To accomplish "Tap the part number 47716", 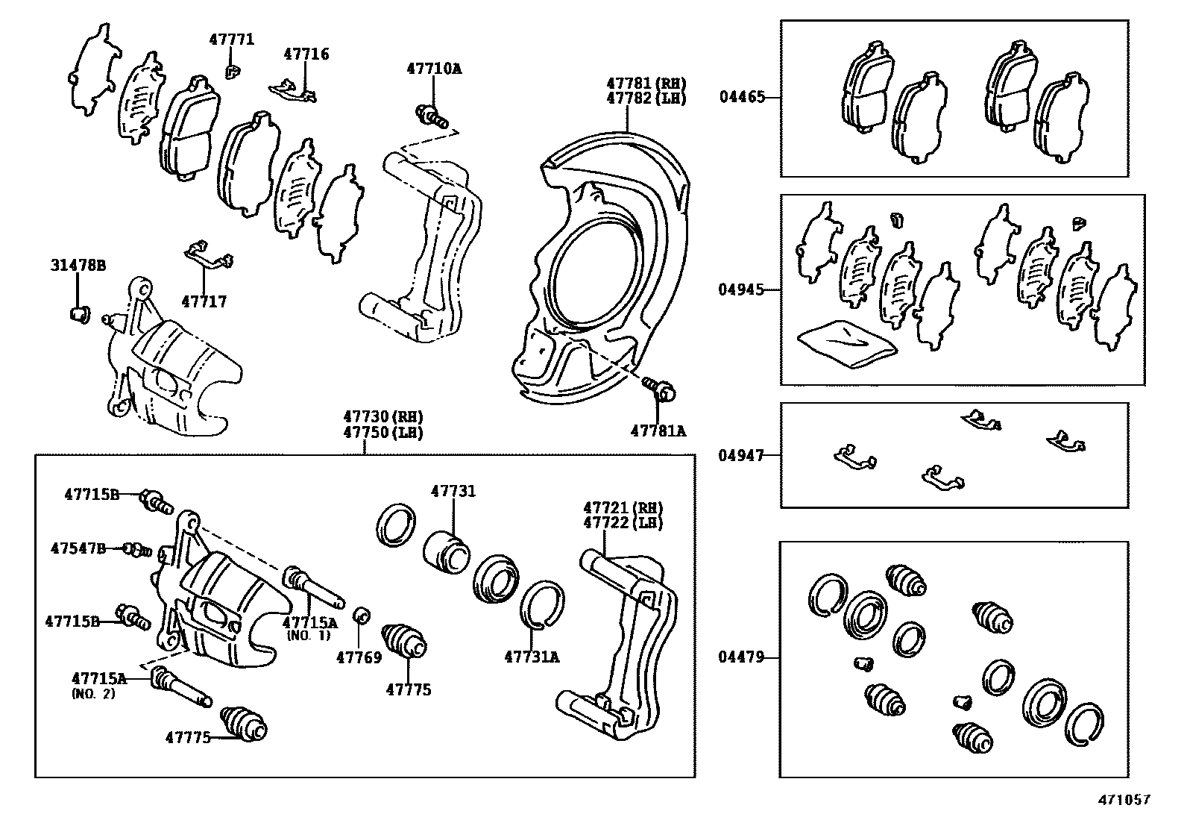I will [x=306, y=54].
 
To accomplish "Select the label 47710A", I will [x=434, y=69].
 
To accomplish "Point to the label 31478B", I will [x=78, y=265].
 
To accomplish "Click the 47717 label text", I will [x=204, y=301].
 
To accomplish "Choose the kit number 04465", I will [x=742, y=96].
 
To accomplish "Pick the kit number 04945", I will [x=742, y=289].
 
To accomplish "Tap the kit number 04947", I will [x=742, y=454].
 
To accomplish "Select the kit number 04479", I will [x=742, y=657].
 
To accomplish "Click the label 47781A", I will [x=658, y=431].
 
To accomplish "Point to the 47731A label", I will [x=532, y=657].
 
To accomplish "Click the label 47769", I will [x=359, y=657].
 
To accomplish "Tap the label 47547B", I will [x=78, y=548].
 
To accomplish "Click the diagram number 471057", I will [x=1124, y=800].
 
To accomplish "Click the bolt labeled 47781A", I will [x=658, y=387].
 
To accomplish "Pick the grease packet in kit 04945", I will [x=846, y=342].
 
